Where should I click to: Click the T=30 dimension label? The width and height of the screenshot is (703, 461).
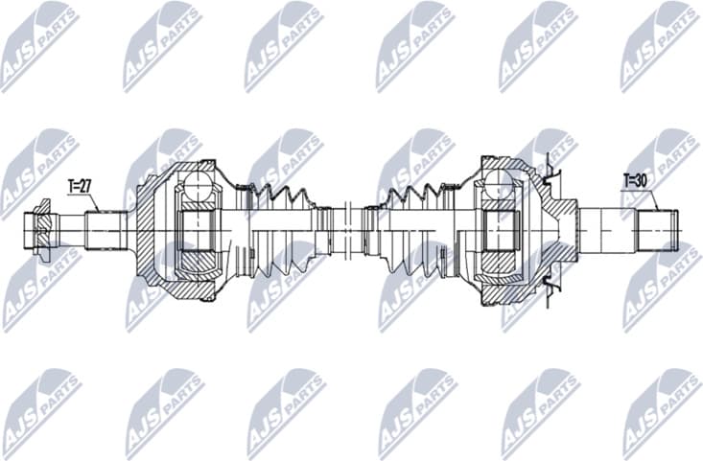(637, 179)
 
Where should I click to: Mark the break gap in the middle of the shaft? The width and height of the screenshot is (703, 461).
(351, 230)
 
